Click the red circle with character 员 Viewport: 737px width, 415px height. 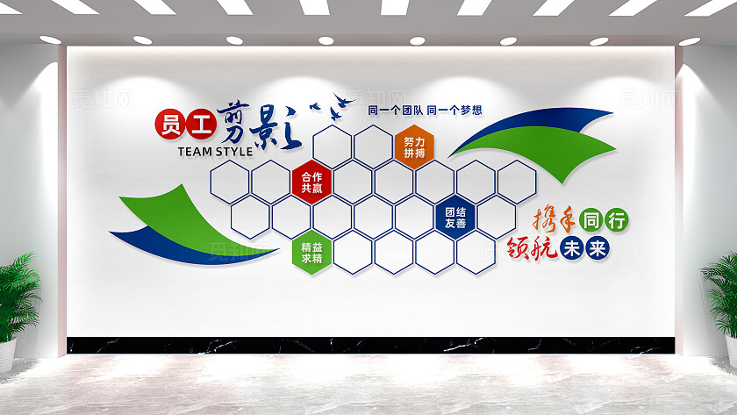pos(168,124)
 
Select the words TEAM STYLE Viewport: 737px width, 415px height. pos(215,151)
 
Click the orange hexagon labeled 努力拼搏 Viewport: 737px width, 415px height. pos(414,147)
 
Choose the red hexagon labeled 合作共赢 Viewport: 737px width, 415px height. pos(311,181)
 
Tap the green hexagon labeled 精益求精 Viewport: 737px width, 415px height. pos(311,252)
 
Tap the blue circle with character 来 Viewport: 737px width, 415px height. pos(597,249)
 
